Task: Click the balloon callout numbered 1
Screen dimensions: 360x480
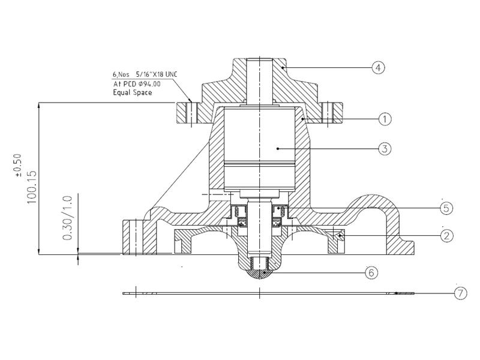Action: [x=385, y=119]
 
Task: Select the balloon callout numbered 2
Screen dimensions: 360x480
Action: [x=445, y=235]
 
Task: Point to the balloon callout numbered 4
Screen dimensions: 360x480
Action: [x=377, y=68]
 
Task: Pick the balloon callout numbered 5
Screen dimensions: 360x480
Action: [x=445, y=208]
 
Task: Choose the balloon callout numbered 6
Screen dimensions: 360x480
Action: [x=371, y=272]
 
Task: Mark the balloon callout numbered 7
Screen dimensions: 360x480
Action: [x=459, y=293]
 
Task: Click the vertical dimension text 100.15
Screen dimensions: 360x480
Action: [x=32, y=187]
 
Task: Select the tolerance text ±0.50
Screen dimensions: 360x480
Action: [x=17, y=166]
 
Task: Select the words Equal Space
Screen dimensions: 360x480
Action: [x=132, y=92]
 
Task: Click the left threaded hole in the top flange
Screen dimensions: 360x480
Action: [x=191, y=112]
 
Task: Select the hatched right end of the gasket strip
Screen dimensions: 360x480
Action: [x=404, y=293]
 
